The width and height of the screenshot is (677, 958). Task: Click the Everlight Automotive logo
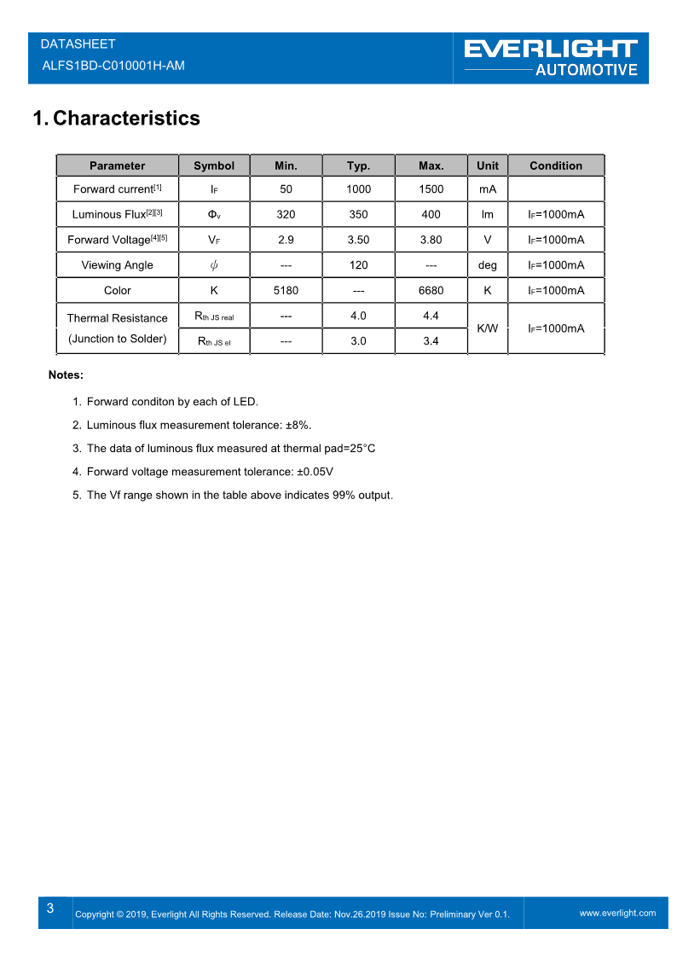point(551,57)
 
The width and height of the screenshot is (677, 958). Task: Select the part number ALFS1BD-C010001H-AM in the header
point(113,66)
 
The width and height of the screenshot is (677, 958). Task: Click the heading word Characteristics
point(126,119)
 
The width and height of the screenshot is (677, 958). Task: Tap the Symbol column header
point(214,165)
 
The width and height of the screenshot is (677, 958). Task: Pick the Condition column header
point(556,165)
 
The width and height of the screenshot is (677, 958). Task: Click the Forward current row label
point(118,189)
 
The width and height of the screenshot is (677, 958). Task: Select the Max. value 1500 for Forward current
point(431,189)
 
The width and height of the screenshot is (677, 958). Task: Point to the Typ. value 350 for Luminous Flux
point(358,214)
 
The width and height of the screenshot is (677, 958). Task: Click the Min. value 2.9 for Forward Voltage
point(286,240)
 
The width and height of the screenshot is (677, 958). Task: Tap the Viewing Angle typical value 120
point(358,265)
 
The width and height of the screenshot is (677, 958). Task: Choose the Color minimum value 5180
point(286,290)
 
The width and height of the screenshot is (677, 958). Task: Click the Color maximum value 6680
point(431,290)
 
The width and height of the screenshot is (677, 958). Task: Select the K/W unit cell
point(488,328)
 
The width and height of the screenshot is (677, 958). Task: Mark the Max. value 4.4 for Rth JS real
point(431,316)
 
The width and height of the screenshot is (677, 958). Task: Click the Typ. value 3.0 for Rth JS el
point(358,341)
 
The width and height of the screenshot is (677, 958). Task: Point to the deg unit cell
point(488,265)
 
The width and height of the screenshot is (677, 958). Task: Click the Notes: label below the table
point(66,374)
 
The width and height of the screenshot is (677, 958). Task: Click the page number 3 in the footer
point(50,909)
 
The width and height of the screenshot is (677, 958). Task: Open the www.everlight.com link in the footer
point(618,913)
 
